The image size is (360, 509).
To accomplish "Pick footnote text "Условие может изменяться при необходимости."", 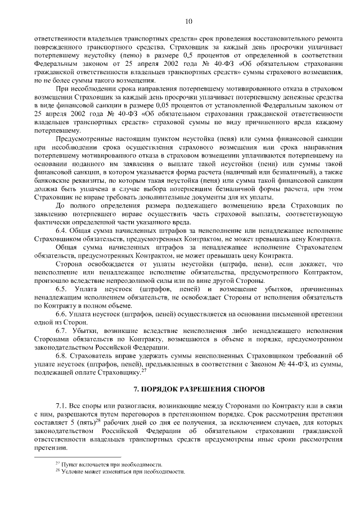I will point(123,471).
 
